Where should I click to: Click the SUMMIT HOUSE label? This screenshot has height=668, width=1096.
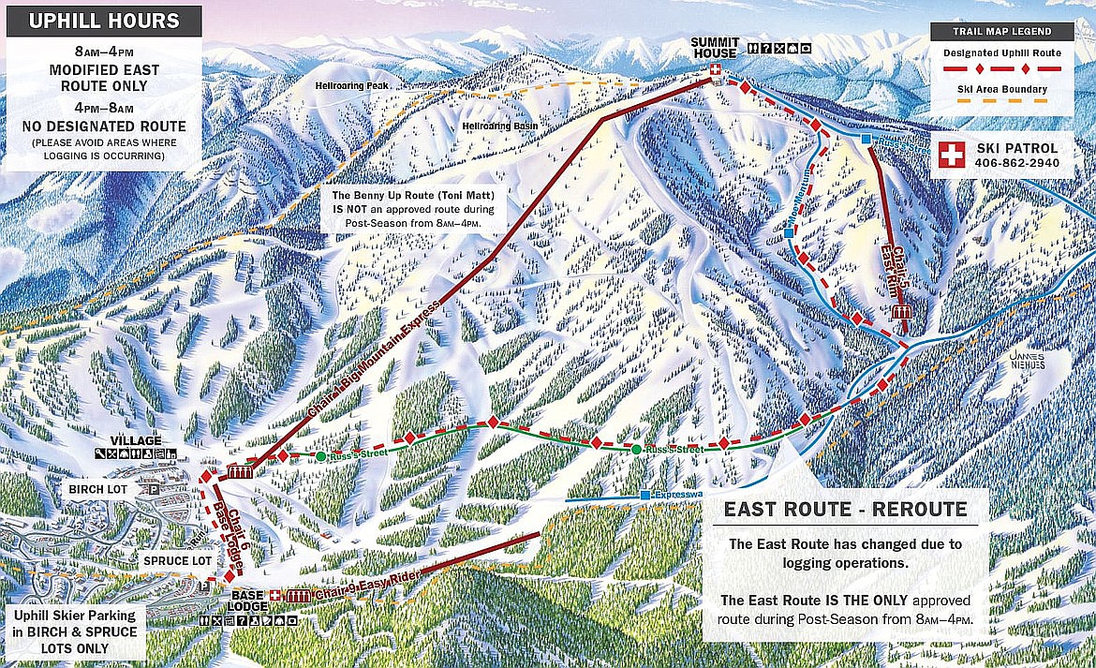click(716, 48)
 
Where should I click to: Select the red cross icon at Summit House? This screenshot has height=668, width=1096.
click(716, 71)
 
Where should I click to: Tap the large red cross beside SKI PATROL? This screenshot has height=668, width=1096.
click(953, 155)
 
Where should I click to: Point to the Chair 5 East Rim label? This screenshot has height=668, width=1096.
click(896, 270)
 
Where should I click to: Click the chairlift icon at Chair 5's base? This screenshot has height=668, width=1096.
click(904, 312)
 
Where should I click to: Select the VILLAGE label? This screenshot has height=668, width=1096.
click(135, 440)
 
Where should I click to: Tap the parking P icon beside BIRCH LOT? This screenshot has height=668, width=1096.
click(152, 489)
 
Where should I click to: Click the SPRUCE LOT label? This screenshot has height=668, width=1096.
click(173, 560)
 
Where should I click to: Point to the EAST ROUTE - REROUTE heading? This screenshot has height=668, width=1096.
click(844, 510)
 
